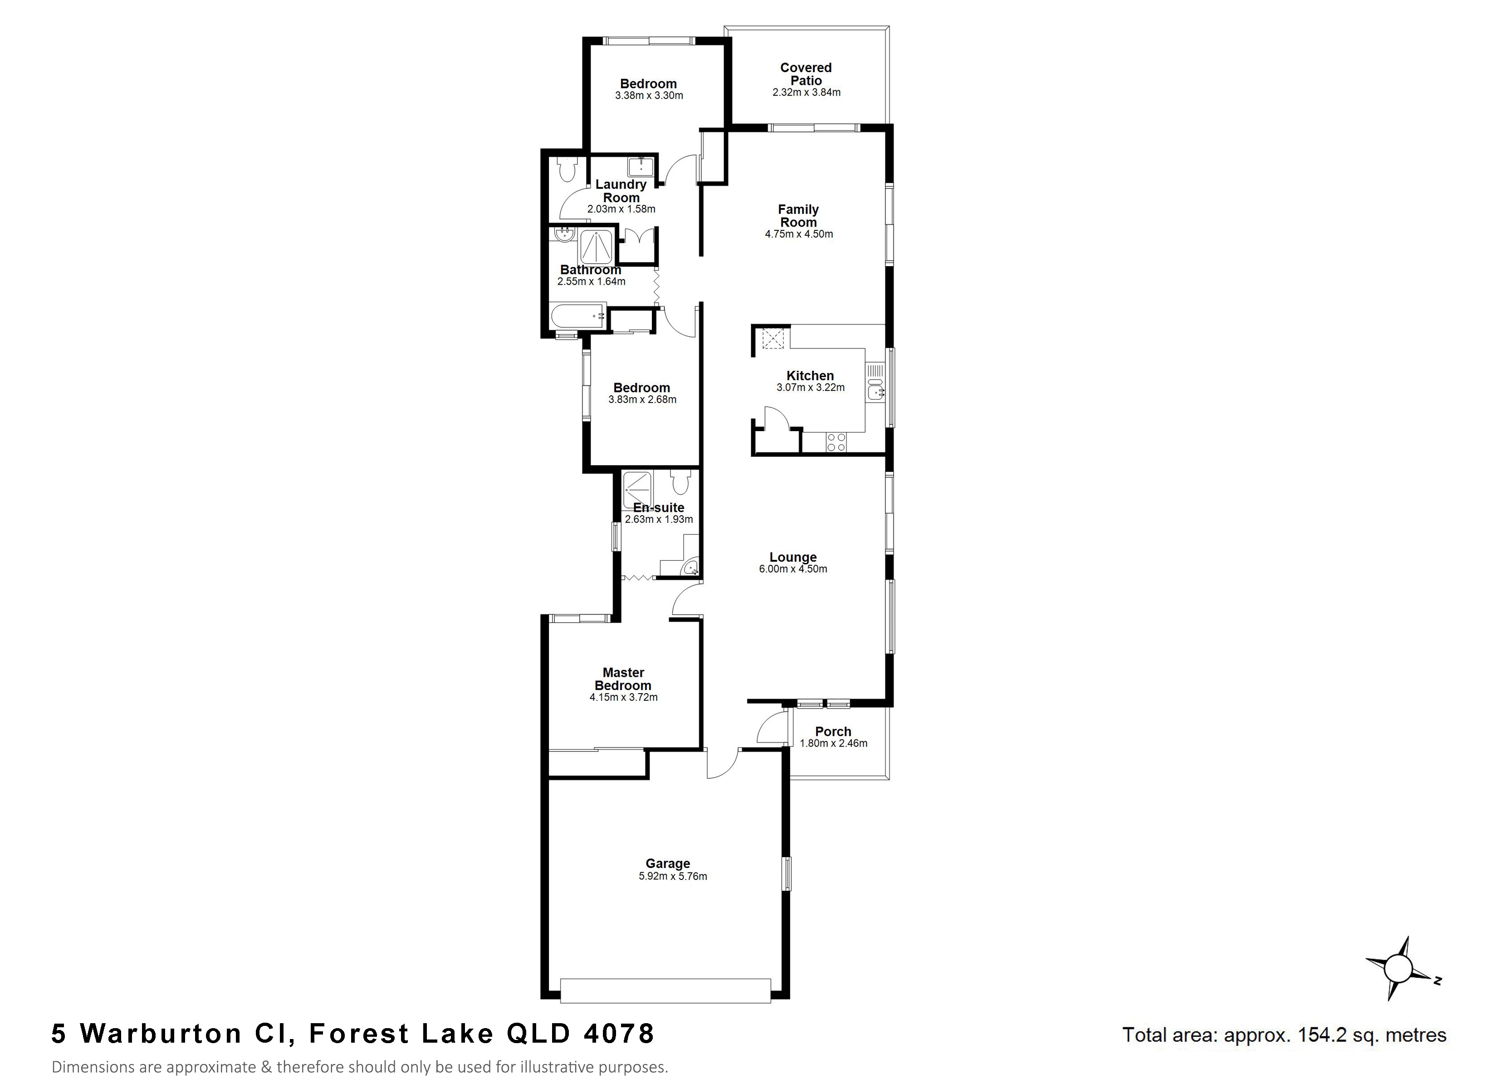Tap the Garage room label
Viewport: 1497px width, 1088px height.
pos(668,864)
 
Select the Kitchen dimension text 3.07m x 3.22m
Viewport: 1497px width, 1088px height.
pos(811,388)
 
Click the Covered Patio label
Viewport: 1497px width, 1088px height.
pos(806,74)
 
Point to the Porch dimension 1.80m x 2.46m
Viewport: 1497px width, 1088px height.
pos(834,743)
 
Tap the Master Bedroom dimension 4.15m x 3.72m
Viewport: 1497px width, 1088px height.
pos(624,697)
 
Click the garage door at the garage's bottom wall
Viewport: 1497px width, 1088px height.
pos(665,991)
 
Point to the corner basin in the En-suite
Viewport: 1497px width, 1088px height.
pos(690,566)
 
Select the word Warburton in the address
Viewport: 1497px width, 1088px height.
pos(161,1034)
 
